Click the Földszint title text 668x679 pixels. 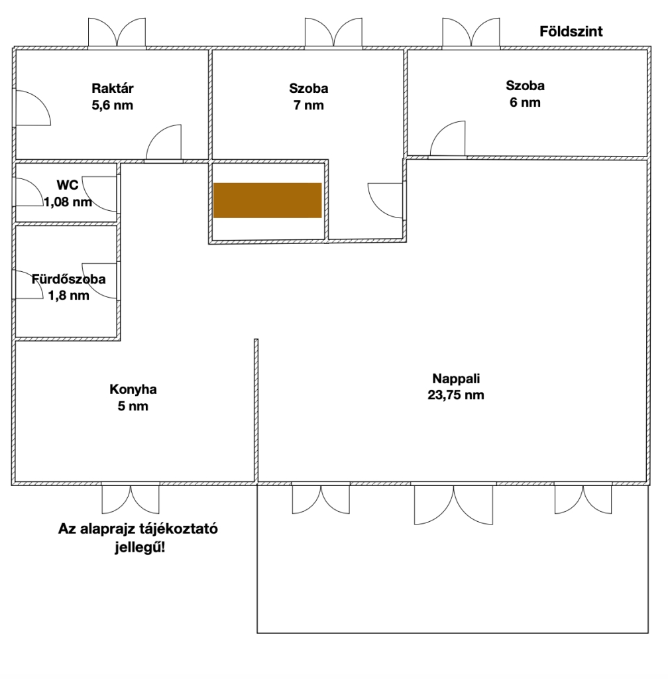(x=571, y=31)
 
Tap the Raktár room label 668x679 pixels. (x=113, y=88)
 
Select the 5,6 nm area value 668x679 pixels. (x=113, y=105)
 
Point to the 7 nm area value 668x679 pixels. (x=308, y=105)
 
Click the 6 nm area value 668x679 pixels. (x=526, y=103)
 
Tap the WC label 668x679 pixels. (x=68, y=185)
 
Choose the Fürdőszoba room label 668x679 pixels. (x=69, y=279)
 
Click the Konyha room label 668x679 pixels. (x=133, y=389)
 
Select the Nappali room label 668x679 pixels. (x=456, y=379)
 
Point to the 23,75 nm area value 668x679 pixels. (x=456, y=395)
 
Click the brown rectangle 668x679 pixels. (x=267, y=200)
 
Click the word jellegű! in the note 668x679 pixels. (x=140, y=548)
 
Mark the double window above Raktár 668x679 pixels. (x=117, y=32)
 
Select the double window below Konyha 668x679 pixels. (x=131, y=499)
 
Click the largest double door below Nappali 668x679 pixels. (x=453, y=505)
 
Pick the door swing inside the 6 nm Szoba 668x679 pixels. (x=448, y=139)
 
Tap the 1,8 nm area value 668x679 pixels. (x=69, y=296)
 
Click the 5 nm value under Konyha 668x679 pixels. (x=133, y=406)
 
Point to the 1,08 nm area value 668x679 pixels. (x=68, y=202)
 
